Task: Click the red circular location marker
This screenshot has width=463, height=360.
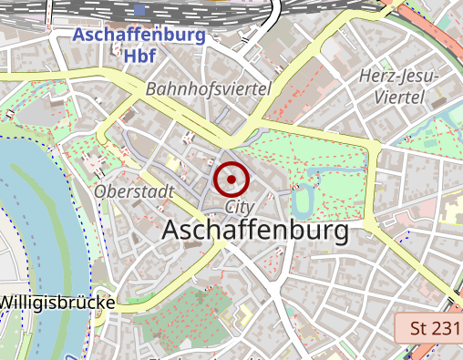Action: (x=231, y=179)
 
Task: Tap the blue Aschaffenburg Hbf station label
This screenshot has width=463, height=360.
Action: (x=139, y=46)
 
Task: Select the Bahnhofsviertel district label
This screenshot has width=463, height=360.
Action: (x=209, y=89)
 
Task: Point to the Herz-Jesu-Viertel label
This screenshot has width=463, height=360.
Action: (x=399, y=86)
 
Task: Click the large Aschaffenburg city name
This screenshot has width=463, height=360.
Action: (x=255, y=231)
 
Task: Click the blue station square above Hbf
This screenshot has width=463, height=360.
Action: (x=139, y=10)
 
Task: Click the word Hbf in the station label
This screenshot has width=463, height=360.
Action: (x=139, y=56)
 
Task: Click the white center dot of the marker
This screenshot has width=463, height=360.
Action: (x=231, y=179)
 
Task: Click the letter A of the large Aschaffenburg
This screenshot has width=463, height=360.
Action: (x=170, y=231)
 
